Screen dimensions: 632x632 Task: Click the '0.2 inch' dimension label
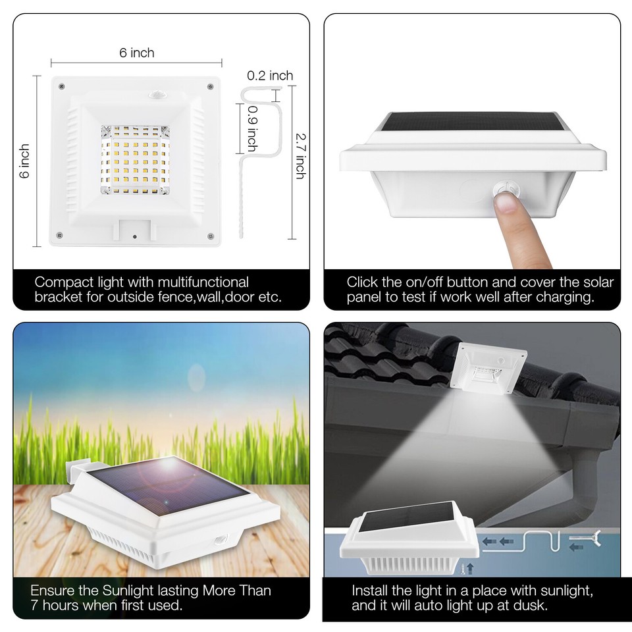(x=270, y=76)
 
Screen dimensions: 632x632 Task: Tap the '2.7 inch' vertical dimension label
(x=300, y=156)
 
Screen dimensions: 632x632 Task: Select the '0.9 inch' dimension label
(x=252, y=129)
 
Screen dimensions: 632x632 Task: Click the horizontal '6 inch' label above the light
(x=137, y=53)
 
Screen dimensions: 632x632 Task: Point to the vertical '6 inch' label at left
(x=25, y=161)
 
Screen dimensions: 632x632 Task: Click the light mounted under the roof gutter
(x=488, y=368)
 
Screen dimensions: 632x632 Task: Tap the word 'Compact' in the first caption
(x=61, y=282)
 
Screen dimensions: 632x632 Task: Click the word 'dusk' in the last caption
(x=531, y=605)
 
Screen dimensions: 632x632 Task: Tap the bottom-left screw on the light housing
(x=60, y=235)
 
